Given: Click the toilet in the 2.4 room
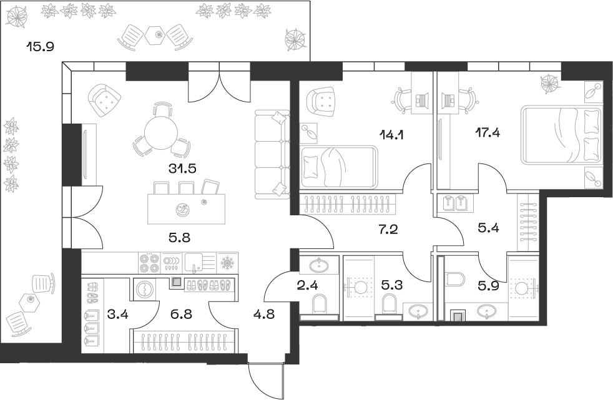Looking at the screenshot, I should pyautogui.click(x=318, y=305).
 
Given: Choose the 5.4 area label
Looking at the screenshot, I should pyautogui.click(x=488, y=229).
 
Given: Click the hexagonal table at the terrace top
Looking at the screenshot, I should pyautogui.click(x=154, y=36).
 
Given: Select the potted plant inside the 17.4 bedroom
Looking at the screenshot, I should pyautogui.click(x=550, y=83).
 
